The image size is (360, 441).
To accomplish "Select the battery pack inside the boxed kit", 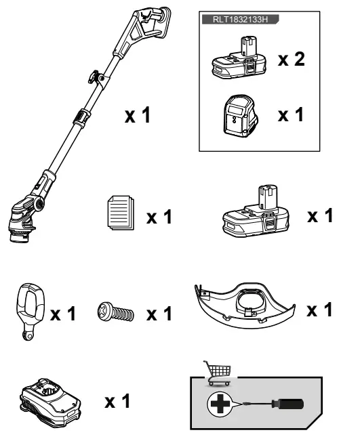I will (239, 63).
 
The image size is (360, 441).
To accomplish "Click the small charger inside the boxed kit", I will (240, 116).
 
